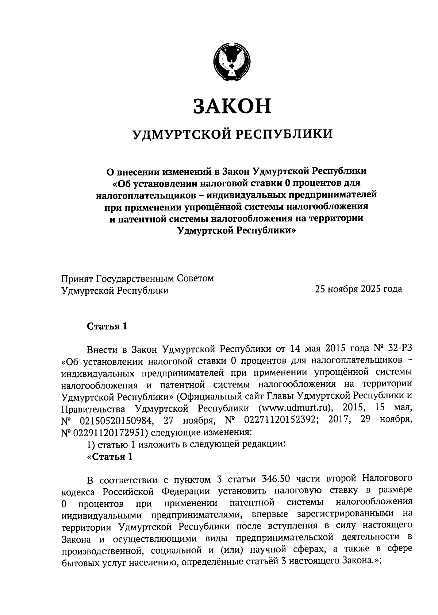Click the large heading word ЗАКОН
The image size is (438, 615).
pyautogui.click(x=232, y=106)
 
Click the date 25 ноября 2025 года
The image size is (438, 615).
pyautogui.click(x=358, y=289)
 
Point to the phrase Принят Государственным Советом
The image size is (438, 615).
pyautogui.click(x=138, y=279)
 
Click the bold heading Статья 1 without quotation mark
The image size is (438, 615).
pyautogui.click(x=107, y=326)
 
